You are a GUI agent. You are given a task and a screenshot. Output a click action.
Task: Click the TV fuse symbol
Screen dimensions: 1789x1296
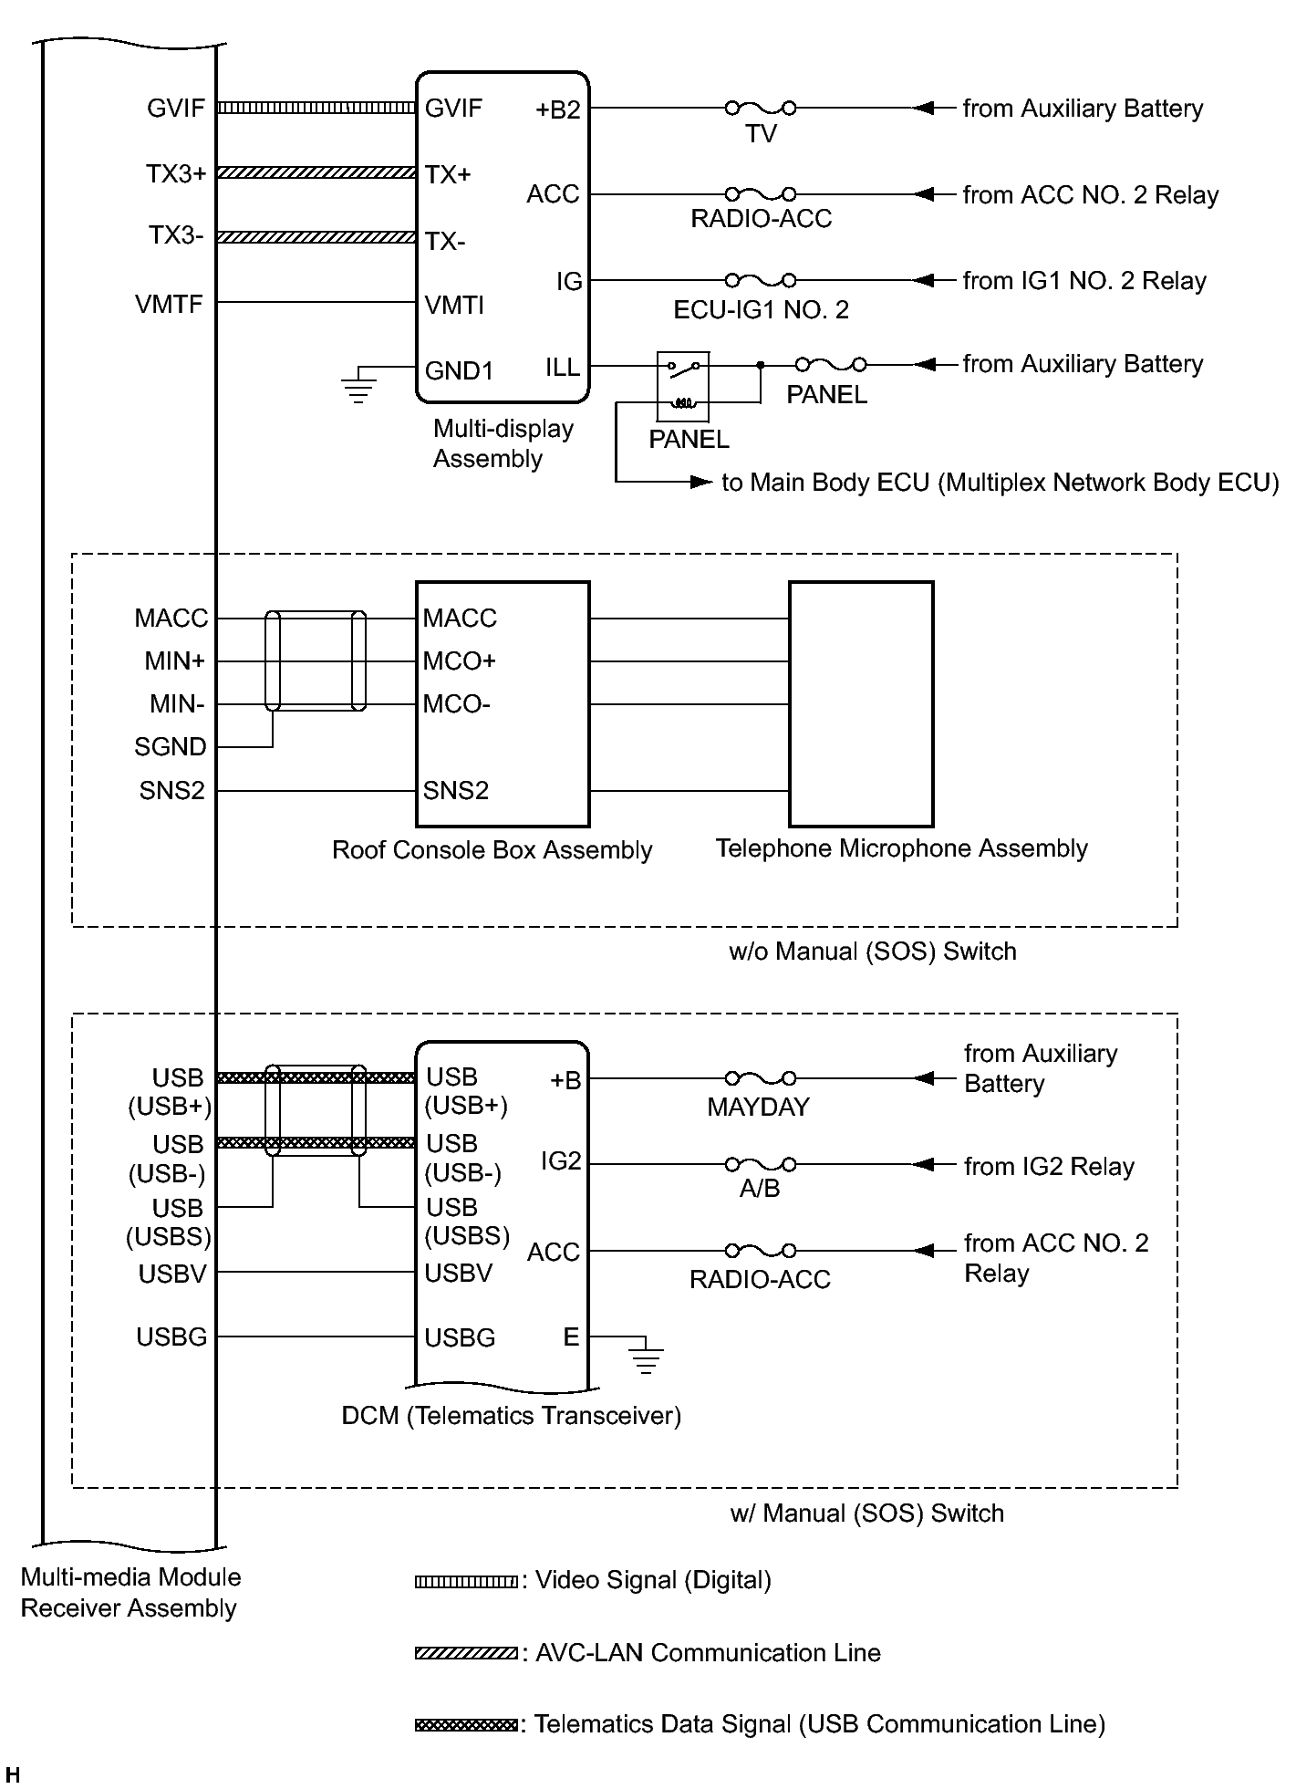tap(761, 109)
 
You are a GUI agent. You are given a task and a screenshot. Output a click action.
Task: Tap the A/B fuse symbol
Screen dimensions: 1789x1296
tap(761, 1165)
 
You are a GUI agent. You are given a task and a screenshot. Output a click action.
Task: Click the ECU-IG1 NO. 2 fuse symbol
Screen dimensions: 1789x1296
tap(761, 280)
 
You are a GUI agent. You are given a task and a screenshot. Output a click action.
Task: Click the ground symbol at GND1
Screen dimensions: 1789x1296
tap(358, 385)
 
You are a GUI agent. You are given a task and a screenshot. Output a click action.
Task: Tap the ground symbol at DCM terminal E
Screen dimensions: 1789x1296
tap(646, 1357)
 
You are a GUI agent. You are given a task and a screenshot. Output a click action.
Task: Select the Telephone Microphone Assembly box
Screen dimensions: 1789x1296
tap(860, 703)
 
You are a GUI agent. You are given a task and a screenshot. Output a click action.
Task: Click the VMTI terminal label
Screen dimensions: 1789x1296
tap(454, 305)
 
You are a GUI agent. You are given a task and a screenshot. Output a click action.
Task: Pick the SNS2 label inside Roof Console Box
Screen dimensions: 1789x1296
tap(455, 791)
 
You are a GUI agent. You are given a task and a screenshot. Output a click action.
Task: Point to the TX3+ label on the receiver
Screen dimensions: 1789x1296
tap(176, 173)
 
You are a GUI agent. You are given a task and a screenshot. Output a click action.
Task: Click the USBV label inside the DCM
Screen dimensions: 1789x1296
tap(458, 1274)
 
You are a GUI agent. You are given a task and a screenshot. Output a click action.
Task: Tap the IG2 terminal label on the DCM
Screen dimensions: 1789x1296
tap(561, 1161)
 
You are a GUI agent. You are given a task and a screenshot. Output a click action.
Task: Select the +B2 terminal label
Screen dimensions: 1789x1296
tap(557, 110)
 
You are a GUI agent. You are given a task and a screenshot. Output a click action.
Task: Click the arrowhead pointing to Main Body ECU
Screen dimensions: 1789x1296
tap(700, 482)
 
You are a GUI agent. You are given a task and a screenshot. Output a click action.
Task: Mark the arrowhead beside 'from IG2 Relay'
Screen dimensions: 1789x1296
tap(922, 1165)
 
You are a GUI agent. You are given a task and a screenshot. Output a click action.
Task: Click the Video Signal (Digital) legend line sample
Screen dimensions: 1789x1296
tap(465, 1582)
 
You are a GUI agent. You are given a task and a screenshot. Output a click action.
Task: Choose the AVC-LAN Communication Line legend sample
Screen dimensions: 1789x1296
tap(465, 1653)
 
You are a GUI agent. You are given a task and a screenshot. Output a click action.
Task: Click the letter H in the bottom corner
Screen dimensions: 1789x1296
tap(12, 1775)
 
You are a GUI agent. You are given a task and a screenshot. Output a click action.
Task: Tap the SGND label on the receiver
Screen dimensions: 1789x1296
tap(171, 747)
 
